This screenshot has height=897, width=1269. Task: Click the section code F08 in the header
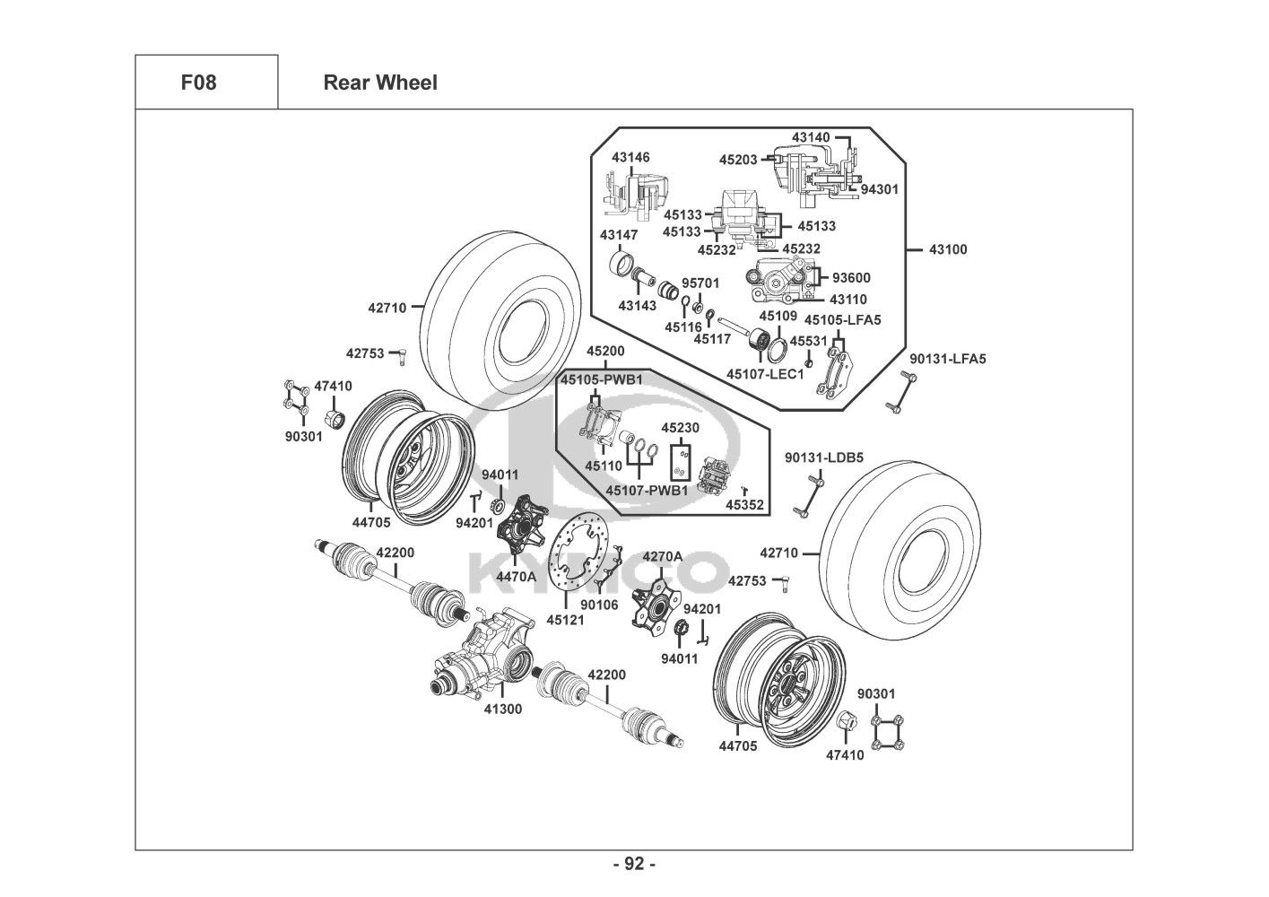pos(198,83)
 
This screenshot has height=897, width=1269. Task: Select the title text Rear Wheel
pos(380,83)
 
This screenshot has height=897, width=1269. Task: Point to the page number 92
pos(634,864)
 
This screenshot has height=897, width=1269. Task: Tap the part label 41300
pos(503,709)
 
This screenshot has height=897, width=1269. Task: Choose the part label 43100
pos(948,249)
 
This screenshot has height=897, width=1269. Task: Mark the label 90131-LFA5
pos(947,359)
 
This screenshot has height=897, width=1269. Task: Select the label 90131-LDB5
pos(824,457)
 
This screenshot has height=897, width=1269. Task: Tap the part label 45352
pos(744,505)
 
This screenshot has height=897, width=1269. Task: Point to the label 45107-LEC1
pos(765,374)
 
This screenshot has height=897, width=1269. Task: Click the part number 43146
pos(631,157)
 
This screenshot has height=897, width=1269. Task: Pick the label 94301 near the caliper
pos(879,189)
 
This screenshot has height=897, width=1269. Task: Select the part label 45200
pos(606,351)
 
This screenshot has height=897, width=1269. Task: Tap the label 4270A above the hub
pos(663,556)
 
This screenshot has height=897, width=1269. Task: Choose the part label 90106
pos(599,605)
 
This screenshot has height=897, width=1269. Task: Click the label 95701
pos(700,283)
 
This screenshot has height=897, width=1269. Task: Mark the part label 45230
pos(680,429)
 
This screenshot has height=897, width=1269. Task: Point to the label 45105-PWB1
pos(602,379)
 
